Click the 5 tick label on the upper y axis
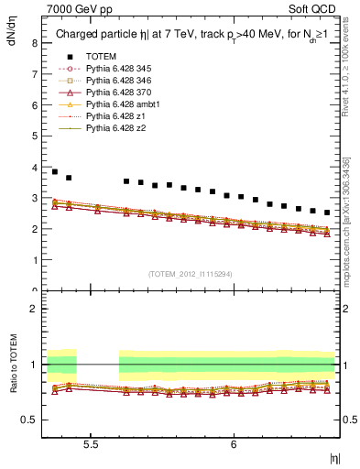(34, 136)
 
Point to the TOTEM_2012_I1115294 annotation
(191, 275)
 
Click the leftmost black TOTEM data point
(55, 171)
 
